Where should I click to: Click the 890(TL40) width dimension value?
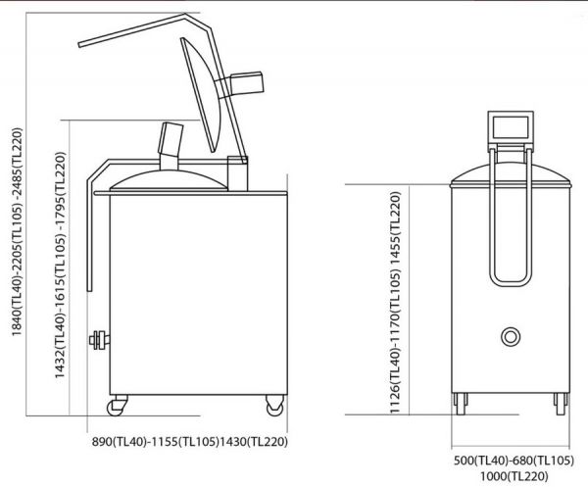click(x=119, y=442)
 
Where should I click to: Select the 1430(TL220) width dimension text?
click(x=254, y=442)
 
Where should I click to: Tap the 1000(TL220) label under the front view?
click(x=514, y=476)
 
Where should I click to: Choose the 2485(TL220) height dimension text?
click(x=17, y=162)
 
